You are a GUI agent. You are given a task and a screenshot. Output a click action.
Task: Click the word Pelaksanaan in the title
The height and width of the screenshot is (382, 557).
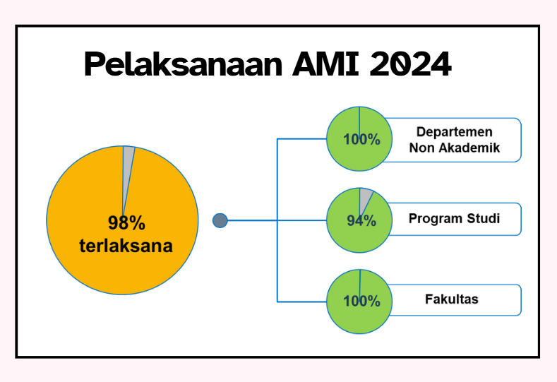[184, 64]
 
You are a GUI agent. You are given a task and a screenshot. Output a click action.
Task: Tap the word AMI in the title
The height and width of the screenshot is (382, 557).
[325, 64]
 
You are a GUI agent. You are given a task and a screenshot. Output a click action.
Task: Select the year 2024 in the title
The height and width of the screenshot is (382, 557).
[410, 64]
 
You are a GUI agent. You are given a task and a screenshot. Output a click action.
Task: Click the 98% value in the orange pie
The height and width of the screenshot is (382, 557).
[126, 223]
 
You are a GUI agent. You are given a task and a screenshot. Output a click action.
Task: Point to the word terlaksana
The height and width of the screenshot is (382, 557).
[126, 246]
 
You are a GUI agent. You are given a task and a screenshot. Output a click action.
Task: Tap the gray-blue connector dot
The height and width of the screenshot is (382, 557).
[220, 221]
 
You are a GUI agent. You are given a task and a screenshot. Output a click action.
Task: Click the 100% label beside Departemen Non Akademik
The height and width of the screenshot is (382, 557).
[361, 139]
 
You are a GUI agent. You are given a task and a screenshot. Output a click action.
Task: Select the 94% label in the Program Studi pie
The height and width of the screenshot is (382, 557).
[361, 221]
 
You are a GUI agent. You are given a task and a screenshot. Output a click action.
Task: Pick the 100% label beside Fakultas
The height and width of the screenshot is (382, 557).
[361, 302]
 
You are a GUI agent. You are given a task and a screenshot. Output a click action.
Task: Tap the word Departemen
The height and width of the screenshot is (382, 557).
[455, 132]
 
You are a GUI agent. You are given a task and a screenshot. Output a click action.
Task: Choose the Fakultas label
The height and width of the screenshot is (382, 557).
[452, 299]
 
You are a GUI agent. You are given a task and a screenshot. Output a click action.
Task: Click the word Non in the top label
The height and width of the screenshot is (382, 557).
[422, 148]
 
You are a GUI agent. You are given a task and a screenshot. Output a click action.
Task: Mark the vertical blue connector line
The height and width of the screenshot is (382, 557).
[277, 220]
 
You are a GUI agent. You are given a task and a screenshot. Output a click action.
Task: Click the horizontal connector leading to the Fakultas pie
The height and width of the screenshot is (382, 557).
[302, 302]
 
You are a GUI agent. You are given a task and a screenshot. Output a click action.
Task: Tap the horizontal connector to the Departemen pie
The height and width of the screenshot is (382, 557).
[302, 139]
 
